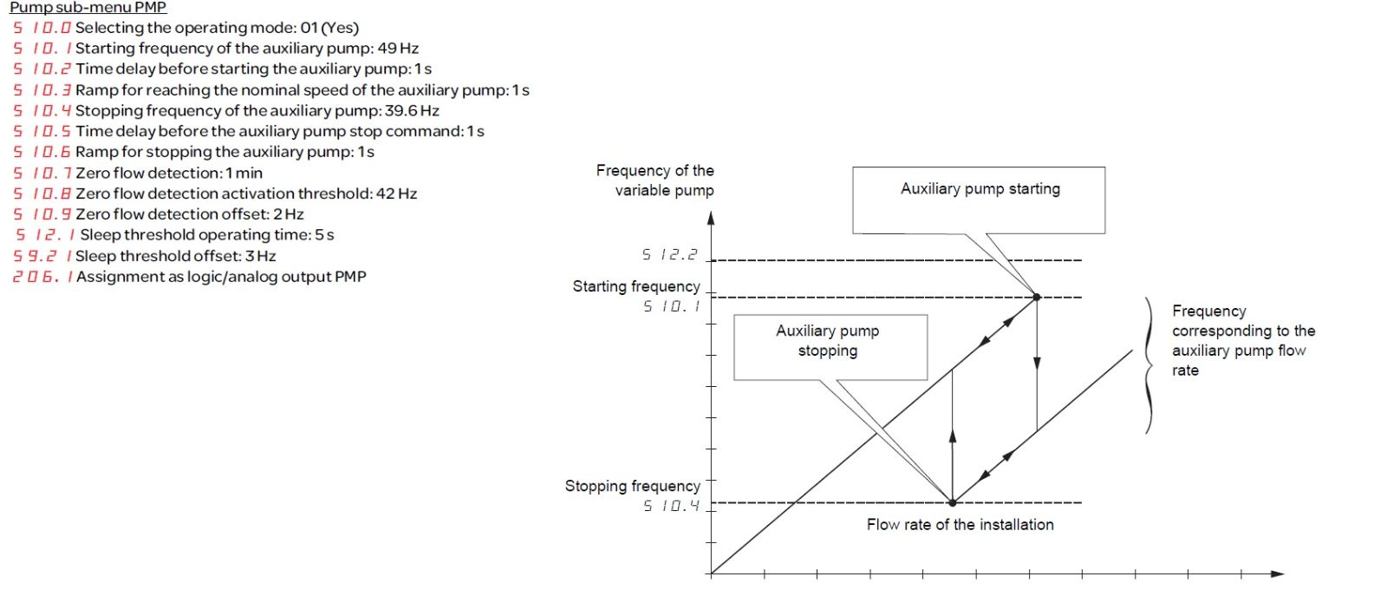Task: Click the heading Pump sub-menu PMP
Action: pos(88,8)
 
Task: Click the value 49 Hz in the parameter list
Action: pos(398,49)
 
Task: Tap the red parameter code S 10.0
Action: pos(42,28)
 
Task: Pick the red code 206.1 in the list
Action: pos(42,277)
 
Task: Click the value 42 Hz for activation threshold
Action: pos(396,194)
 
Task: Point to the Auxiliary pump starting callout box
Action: pos(979,200)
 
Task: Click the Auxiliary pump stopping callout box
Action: pos(830,347)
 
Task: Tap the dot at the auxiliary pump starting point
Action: pos(1037,298)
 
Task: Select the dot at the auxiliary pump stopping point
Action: pos(953,502)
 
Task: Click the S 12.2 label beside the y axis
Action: pos(669,255)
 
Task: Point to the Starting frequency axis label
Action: pos(636,286)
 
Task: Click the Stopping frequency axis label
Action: pos(632,486)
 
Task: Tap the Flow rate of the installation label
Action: pos(960,525)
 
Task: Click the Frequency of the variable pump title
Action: pos(655,180)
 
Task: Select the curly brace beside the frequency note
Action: pos(1149,365)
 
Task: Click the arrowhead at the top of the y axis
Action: pos(711,218)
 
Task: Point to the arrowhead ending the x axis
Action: pos(1277,574)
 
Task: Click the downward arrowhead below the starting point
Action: pos(1037,364)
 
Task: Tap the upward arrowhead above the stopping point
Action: pos(953,436)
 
